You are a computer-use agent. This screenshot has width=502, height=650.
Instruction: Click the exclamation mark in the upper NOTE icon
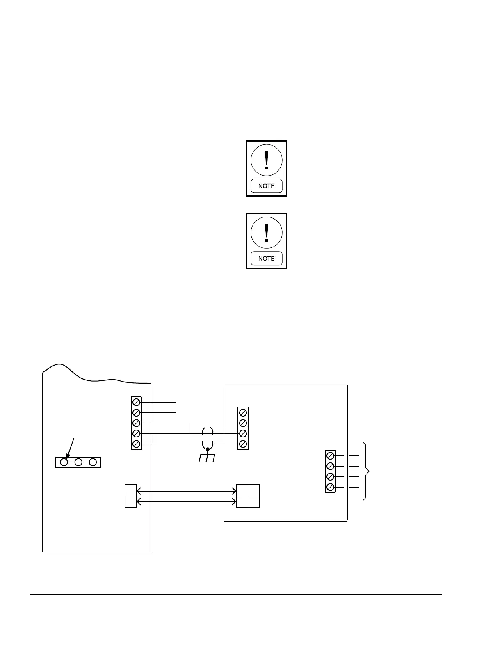[267, 160]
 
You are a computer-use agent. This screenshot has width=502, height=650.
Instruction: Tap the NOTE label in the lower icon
[267, 259]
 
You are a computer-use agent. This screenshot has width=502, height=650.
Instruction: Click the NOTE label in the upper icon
[267, 186]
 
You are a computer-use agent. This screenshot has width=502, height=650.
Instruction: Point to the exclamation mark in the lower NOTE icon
[267, 233]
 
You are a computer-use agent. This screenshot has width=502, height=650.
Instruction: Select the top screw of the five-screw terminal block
[137, 402]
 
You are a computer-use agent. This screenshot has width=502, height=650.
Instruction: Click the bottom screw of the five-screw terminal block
[137, 444]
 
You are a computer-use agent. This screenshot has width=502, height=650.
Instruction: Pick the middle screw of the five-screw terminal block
[137, 423]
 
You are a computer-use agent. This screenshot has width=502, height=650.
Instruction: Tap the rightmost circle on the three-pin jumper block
[93, 462]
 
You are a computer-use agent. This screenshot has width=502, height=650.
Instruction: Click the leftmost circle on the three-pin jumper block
[64, 462]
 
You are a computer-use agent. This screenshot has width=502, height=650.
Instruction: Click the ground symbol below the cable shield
[207, 458]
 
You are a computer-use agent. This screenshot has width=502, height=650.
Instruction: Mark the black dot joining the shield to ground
[208, 449]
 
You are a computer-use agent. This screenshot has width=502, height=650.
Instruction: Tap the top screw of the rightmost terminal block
[330, 455]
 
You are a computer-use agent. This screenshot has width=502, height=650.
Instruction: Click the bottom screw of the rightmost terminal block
[330, 487]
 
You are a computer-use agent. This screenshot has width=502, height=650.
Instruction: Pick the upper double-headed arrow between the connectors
[187, 491]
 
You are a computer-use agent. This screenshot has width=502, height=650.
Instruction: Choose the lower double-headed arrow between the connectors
[187, 501]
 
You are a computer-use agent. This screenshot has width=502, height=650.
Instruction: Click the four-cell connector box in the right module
[248, 496]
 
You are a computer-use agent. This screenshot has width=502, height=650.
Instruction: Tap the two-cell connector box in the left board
[130, 496]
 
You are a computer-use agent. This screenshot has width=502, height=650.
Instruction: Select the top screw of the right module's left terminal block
[243, 412]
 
